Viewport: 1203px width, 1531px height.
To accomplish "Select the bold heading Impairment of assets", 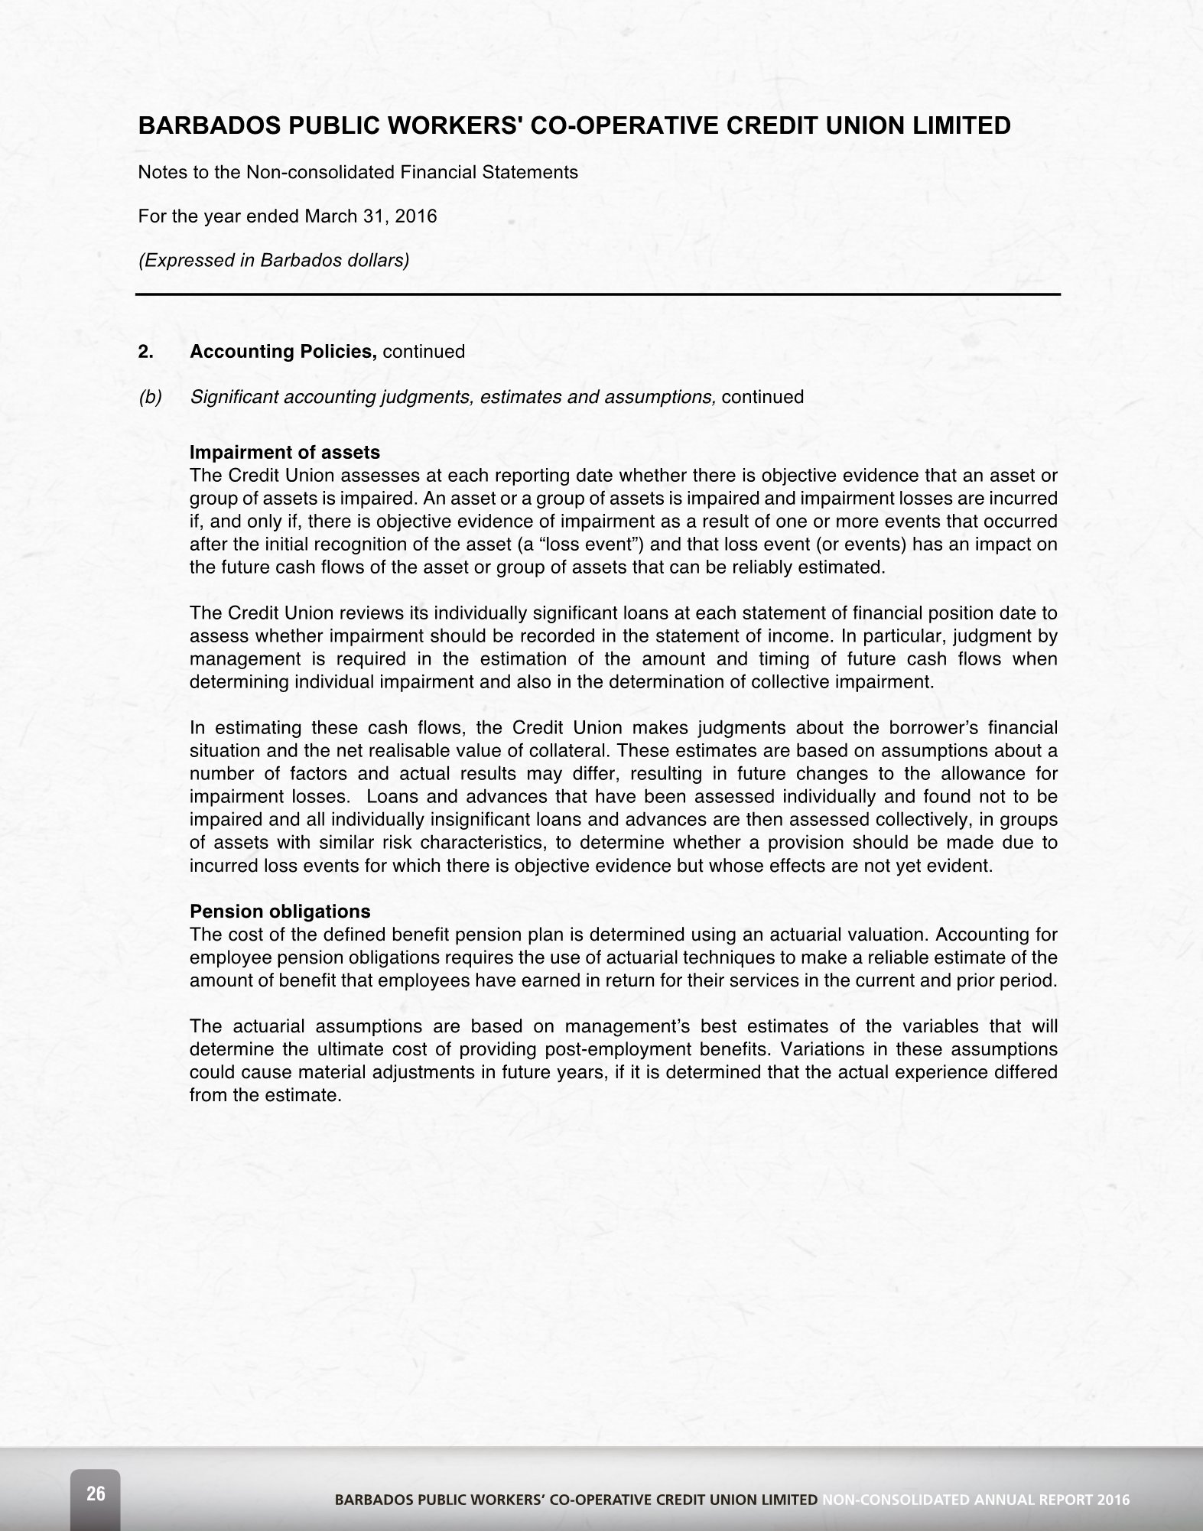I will click(x=284, y=453).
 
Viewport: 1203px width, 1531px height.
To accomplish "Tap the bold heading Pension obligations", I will click(x=280, y=912).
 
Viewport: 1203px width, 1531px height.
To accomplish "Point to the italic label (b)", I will click(x=150, y=397).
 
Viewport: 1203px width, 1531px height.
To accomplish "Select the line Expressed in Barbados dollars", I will click(x=273, y=260).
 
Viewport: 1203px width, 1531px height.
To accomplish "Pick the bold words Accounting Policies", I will click(x=283, y=352).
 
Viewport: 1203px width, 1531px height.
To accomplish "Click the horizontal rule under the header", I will click(x=598, y=294).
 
